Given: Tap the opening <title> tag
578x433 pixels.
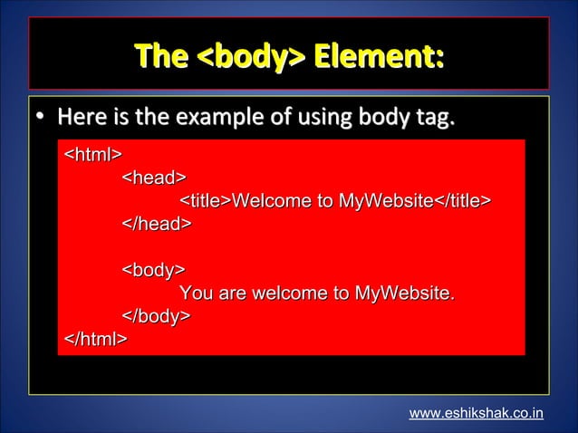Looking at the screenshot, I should click(207, 200).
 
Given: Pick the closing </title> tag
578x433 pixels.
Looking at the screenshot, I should click(462, 200).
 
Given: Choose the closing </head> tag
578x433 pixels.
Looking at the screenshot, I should click(157, 223).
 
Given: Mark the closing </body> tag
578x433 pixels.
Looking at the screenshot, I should click(157, 316).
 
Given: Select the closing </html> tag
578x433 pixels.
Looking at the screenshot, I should click(95, 340).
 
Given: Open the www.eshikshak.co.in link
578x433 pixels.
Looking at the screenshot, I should click(477, 414).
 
